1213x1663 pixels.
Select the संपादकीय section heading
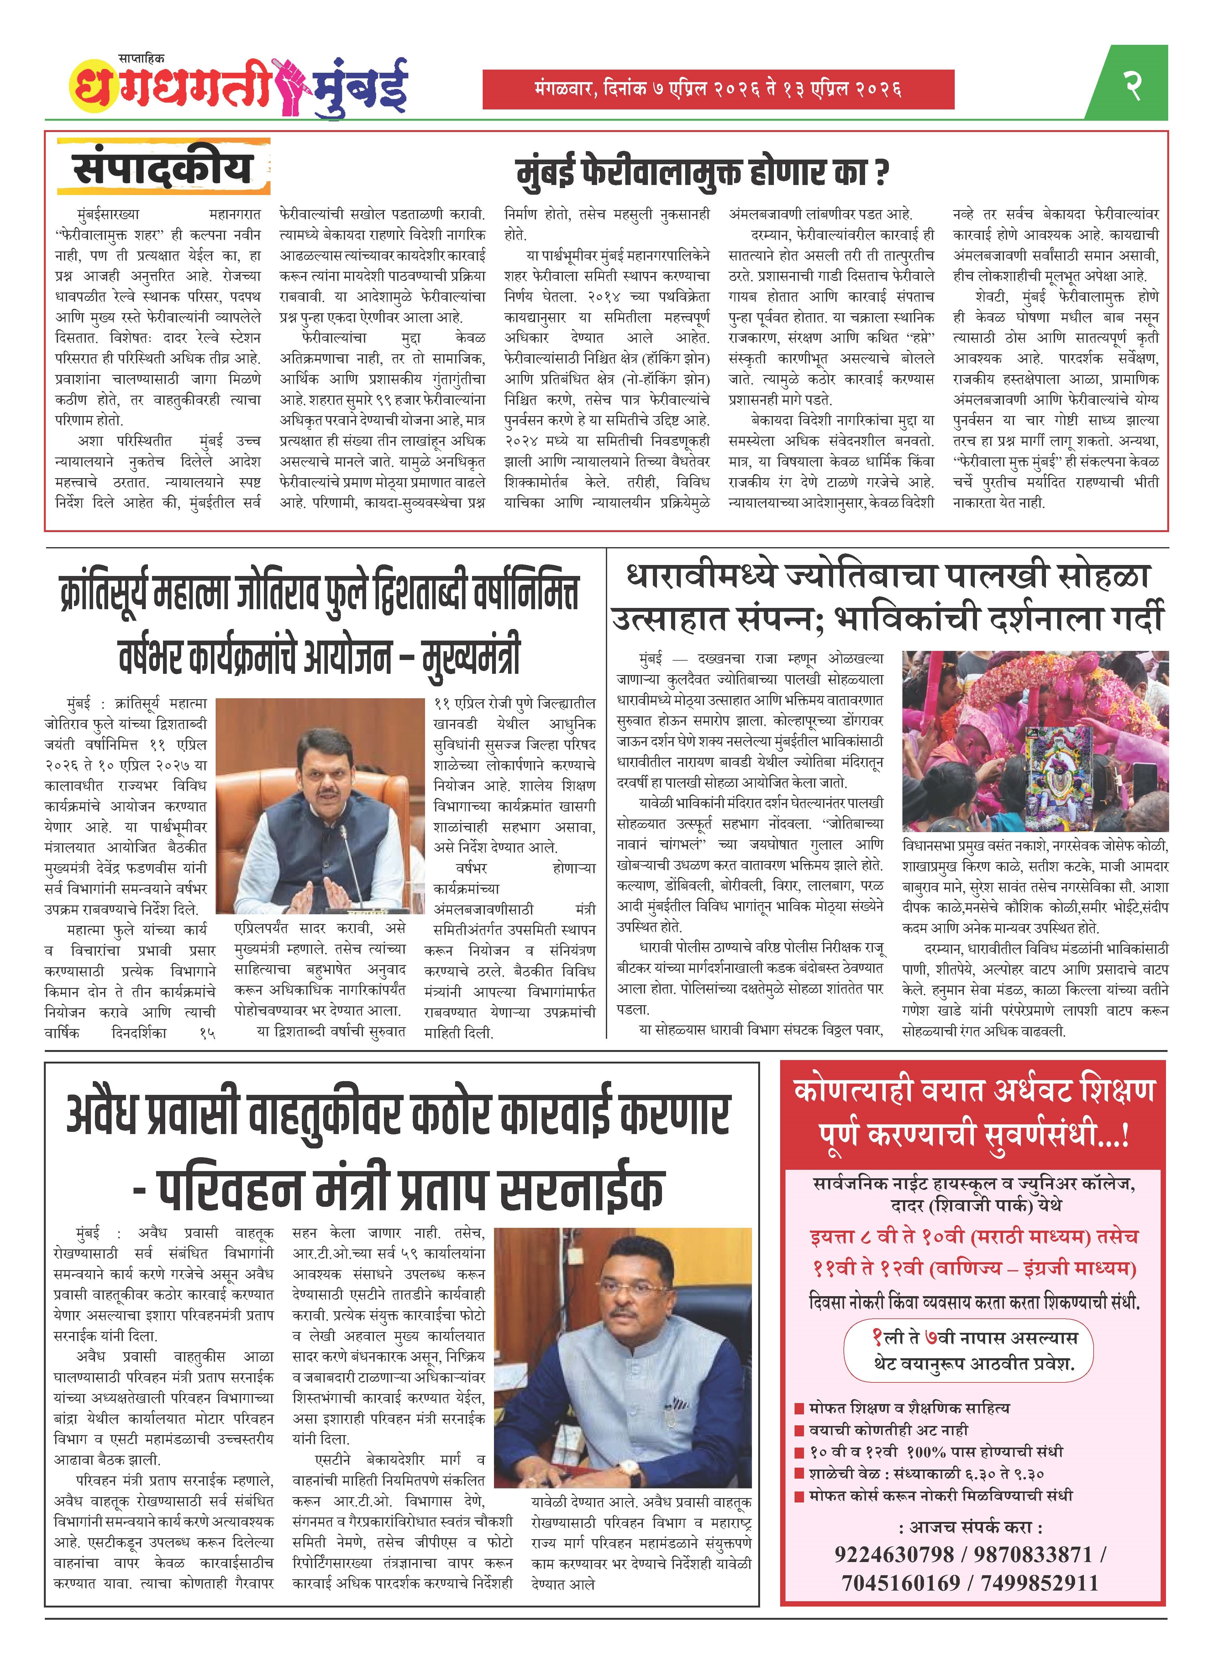[x=163, y=170]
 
